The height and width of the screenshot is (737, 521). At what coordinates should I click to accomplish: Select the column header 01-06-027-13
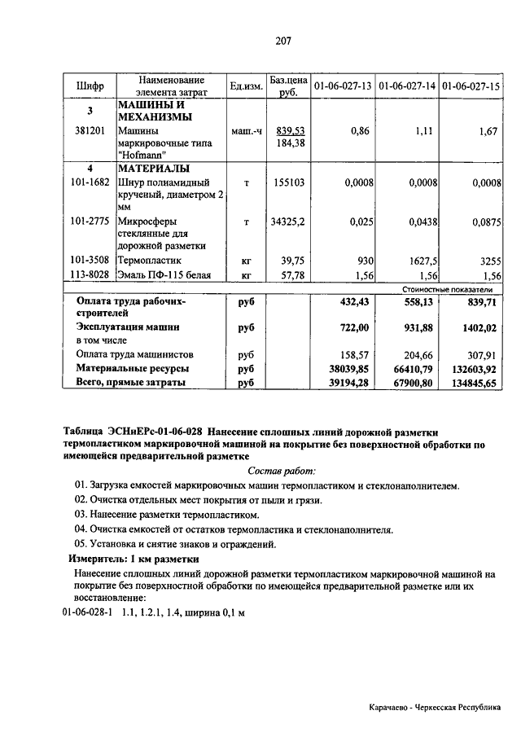[x=343, y=86]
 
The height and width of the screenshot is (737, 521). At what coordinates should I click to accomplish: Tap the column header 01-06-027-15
[x=471, y=86]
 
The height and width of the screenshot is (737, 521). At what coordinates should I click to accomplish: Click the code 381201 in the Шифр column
[x=90, y=130]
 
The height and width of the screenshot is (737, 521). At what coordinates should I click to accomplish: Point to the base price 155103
[x=287, y=183]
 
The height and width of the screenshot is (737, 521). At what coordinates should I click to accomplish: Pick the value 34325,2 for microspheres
[x=287, y=221]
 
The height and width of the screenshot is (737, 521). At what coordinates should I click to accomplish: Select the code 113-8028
[x=90, y=275]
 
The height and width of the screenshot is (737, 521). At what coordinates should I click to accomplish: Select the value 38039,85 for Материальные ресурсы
[x=348, y=369]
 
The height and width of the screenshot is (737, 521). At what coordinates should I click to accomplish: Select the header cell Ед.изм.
[x=244, y=86]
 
